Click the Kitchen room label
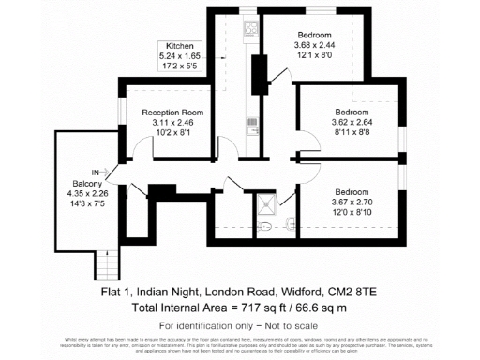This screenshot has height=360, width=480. [x=179, y=46]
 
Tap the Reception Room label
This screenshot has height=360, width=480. [x=172, y=112]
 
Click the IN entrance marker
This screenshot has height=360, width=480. [x=96, y=172]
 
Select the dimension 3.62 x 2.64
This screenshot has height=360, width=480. [x=351, y=122]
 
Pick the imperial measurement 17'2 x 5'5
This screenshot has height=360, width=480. [x=179, y=67]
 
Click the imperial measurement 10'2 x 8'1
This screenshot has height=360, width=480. [x=172, y=133]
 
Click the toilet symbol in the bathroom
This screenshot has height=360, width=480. [x=265, y=227]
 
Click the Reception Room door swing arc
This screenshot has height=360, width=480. [x=142, y=148]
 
